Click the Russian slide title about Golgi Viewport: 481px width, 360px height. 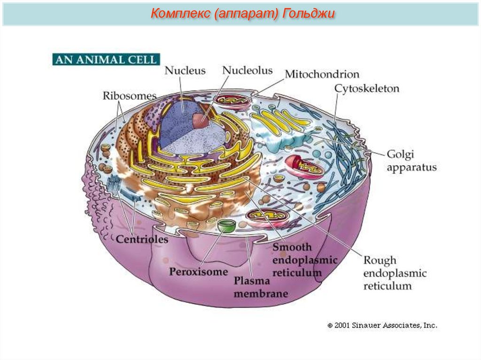point(242,14)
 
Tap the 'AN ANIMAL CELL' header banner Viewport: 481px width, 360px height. point(106,60)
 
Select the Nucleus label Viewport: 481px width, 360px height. point(185,71)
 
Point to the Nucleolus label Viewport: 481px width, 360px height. point(247,70)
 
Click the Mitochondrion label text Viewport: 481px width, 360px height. point(322,74)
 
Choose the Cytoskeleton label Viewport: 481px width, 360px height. point(366,88)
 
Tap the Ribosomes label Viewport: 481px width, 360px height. point(129,96)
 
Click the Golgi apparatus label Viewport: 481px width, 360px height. point(411,161)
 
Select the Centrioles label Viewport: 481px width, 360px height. point(142,239)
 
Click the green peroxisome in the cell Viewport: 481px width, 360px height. point(227,225)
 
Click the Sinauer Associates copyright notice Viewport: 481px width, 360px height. point(382,324)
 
